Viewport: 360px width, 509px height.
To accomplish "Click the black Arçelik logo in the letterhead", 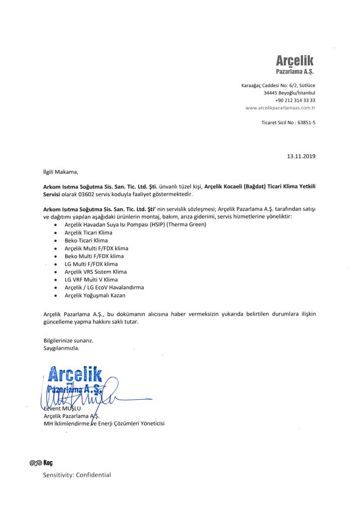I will [295, 61].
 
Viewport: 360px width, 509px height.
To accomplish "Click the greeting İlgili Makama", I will [61, 172].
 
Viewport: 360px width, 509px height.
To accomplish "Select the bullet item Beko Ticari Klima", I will [86, 240].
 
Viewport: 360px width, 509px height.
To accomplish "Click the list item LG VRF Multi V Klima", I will [91, 279].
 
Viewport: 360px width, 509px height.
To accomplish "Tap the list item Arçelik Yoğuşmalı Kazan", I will [95, 295].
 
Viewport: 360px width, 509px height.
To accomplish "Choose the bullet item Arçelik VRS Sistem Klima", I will [95, 272].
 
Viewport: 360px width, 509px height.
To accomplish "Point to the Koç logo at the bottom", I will [41, 463].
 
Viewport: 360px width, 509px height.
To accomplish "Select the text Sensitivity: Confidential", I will [77, 475].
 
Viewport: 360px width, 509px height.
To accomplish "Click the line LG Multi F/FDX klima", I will [91, 264].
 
